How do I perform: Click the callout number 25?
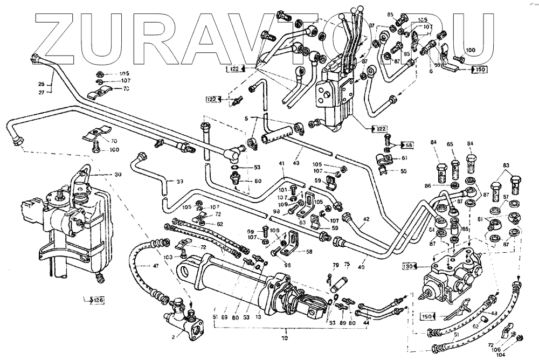(41, 84)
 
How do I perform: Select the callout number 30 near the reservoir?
(118, 175)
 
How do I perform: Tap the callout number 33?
(179, 181)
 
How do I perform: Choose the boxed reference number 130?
(409, 266)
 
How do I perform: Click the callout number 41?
(281, 163)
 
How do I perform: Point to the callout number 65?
(450, 144)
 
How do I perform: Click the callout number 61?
(405, 158)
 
